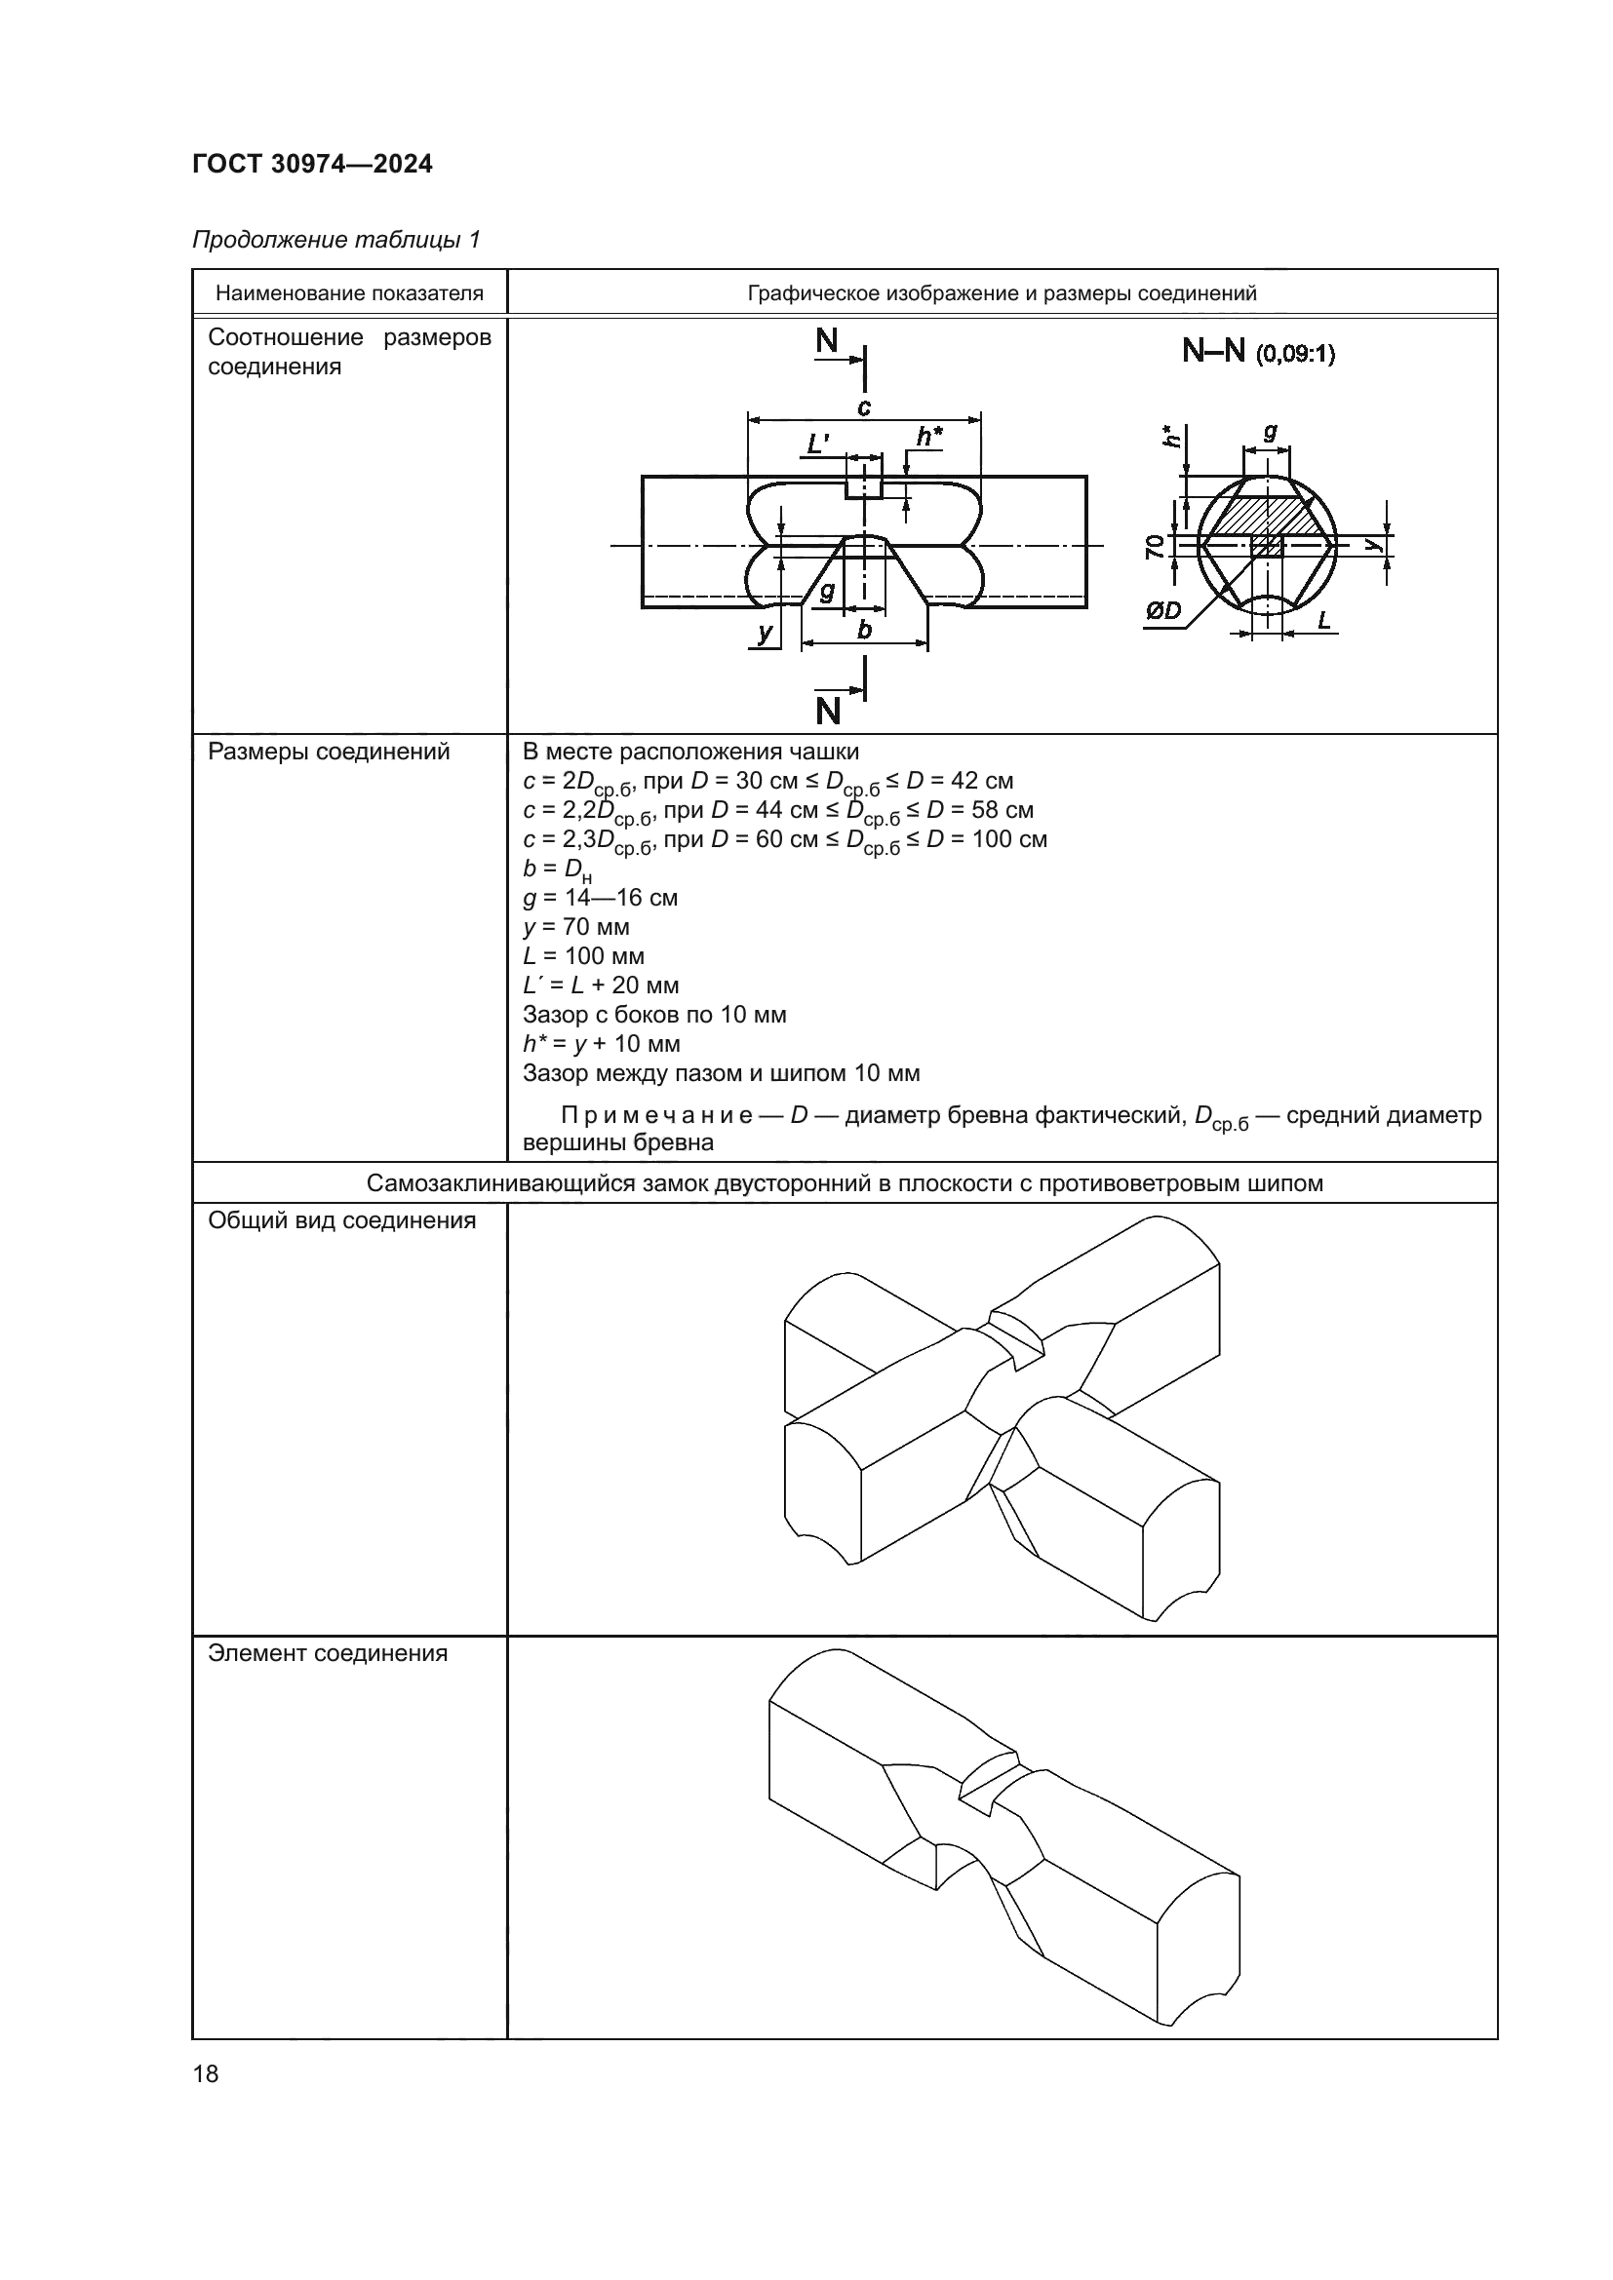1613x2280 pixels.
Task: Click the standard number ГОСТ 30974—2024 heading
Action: pyautogui.click(x=312, y=164)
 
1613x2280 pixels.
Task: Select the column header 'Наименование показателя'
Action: pyautogui.click(x=350, y=293)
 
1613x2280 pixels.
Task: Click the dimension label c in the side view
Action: pyautogui.click(x=864, y=407)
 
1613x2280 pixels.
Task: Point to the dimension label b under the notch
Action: pyautogui.click(x=864, y=630)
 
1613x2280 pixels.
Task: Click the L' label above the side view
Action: pyautogui.click(x=818, y=443)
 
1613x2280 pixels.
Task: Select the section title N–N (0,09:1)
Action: pyautogui.click(x=1258, y=352)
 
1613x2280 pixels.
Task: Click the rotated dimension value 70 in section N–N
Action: pyautogui.click(x=1153, y=546)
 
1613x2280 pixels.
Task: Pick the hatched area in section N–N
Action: pyautogui.click(x=1263, y=516)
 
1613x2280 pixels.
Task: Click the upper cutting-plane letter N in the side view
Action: pyautogui.click(x=827, y=341)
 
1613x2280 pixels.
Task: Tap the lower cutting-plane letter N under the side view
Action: pyautogui.click(x=827, y=711)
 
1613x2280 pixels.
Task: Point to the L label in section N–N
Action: pyautogui.click(x=1324, y=621)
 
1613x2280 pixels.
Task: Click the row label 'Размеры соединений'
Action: pyautogui.click(x=329, y=752)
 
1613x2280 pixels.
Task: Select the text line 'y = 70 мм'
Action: pyautogui.click(x=576, y=927)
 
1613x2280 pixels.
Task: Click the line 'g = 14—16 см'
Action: pyautogui.click(x=600, y=899)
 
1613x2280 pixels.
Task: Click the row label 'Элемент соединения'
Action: pyautogui.click(x=328, y=1653)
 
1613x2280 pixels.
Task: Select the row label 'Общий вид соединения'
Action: pyautogui.click(x=341, y=1220)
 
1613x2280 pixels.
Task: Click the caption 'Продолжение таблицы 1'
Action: pyautogui.click(x=335, y=240)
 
